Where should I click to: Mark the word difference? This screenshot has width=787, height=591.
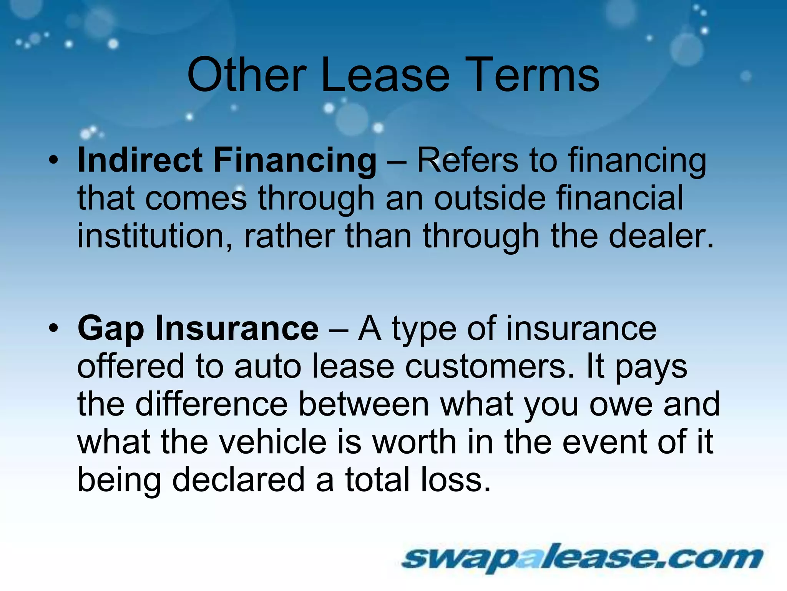click(x=211, y=404)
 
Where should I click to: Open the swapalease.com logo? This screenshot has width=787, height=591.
click(x=582, y=558)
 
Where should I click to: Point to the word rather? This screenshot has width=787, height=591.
click(x=289, y=235)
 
